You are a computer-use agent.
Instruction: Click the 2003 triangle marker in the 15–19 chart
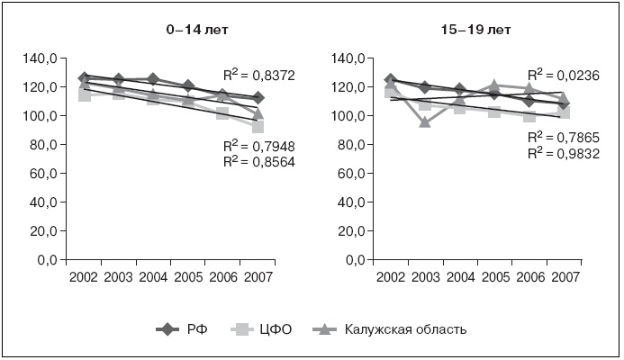tap(424, 121)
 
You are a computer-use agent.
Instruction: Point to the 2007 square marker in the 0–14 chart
tap(258, 127)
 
